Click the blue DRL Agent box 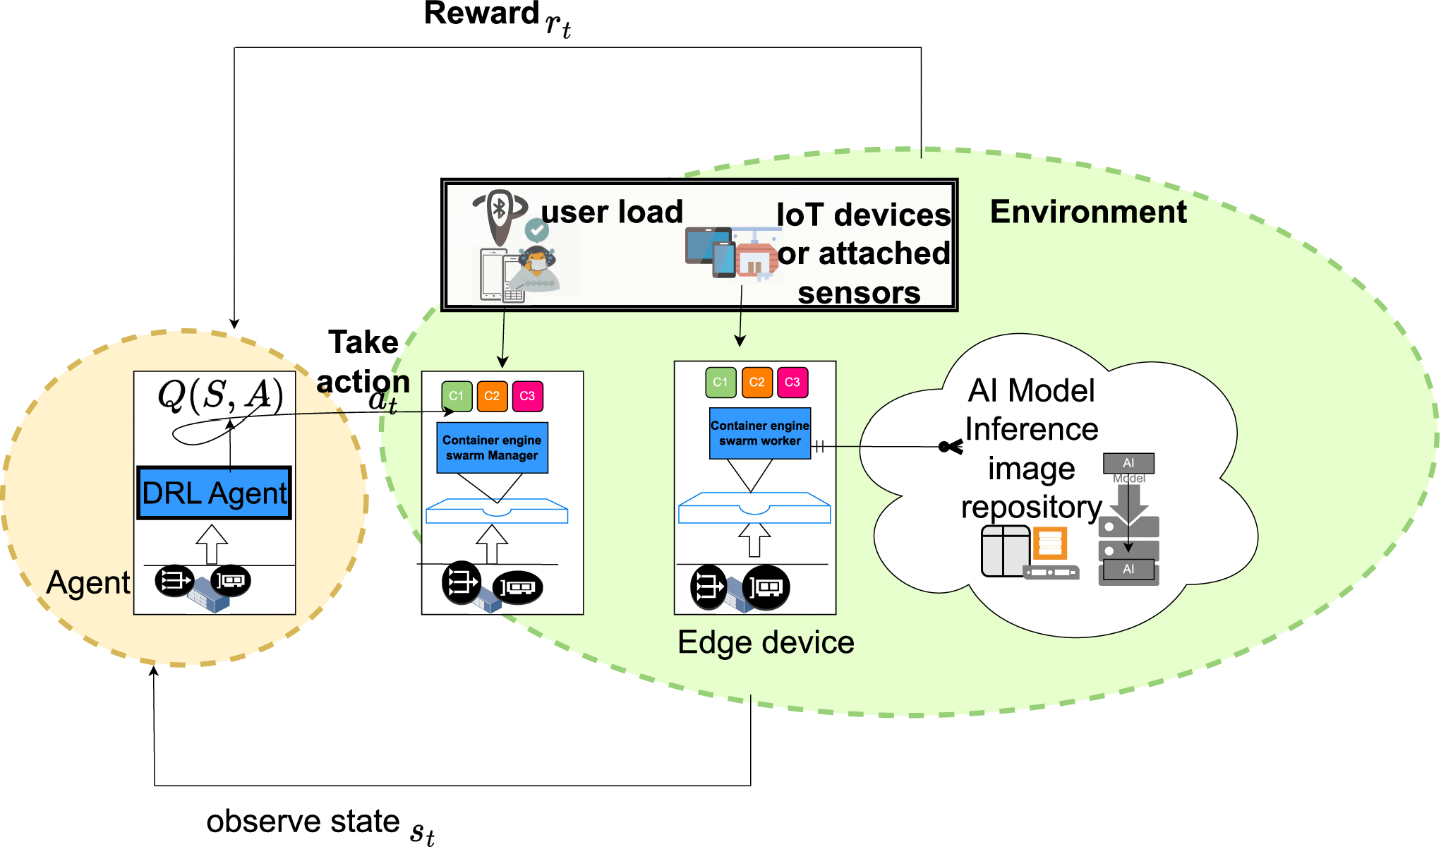click(x=214, y=493)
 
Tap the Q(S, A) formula click(x=219, y=395)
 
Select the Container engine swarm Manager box click(x=492, y=447)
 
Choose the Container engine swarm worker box click(x=759, y=433)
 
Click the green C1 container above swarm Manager click(x=457, y=396)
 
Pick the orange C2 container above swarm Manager click(x=492, y=396)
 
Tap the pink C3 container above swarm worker click(x=792, y=382)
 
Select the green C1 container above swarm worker click(x=720, y=382)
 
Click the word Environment click(x=1087, y=212)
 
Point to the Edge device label click(x=766, y=642)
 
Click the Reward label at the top click(x=481, y=14)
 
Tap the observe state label click(x=303, y=822)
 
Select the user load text click(x=612, y=212)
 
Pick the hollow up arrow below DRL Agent click(x=212, y=543)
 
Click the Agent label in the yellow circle click(x=88, y=583)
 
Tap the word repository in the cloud click(x=1031, y=507)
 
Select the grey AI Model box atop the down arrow click(x=1128, y=464)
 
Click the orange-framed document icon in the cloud click(x=1050, y=543)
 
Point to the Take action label click(x=363, y=361)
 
